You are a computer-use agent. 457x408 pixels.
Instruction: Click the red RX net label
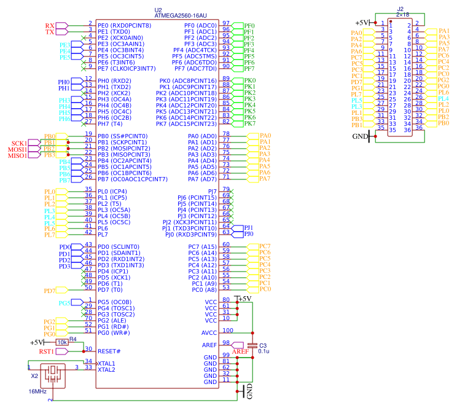(x=50, y=25)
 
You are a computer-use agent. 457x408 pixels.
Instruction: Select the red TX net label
(x=50, y=31)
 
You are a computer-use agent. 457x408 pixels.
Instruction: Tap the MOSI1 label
(x=16, y=149)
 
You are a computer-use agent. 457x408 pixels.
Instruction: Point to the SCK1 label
(x=17, y=143)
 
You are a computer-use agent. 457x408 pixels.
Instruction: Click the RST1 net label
(x=47, y=351)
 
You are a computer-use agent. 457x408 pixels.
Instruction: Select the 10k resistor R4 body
(x=62, y=342)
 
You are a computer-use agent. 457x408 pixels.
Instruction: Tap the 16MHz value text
(x=37, y=391)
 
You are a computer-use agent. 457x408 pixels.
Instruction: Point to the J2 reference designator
(x=400, y=9)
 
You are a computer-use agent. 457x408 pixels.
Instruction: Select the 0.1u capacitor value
(x=264, y=351)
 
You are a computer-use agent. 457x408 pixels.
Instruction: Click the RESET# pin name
(x=109, y=351)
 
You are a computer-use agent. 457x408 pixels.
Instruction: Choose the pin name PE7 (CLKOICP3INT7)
(x=126, y=68)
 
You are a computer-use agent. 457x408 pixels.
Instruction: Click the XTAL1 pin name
(x=107, y=363)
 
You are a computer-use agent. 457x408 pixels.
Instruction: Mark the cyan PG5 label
(x=64, y=303)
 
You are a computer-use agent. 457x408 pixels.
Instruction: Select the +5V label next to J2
(x=362, y=22)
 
